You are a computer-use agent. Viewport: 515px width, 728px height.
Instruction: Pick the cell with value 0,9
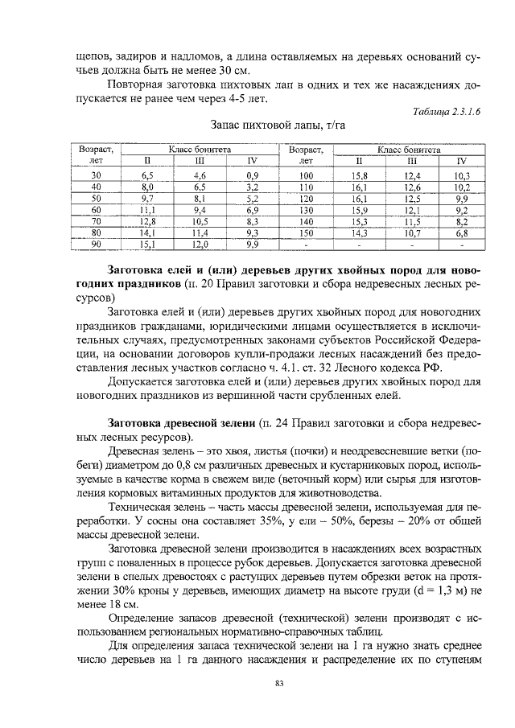click(x=252, y=175)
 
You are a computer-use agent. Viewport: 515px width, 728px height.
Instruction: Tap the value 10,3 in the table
click(x=461, y=175)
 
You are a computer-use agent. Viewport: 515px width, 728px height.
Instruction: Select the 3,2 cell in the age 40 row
click(x=252, y=186)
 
